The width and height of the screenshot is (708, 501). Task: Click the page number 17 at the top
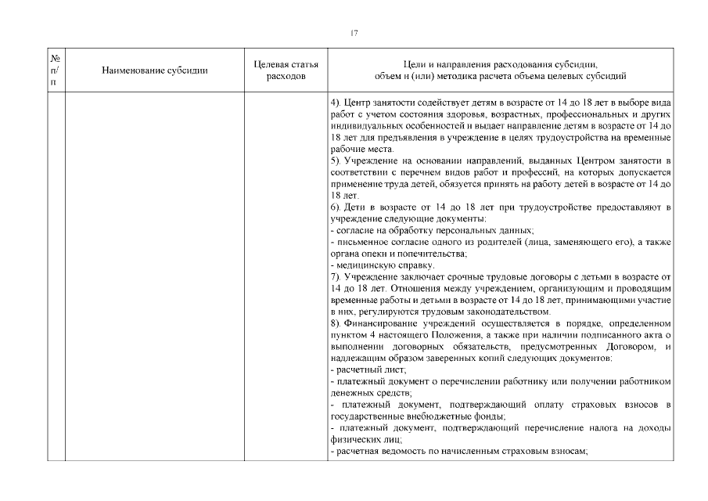pos(354,32)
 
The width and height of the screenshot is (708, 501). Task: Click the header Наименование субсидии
pos(155,70)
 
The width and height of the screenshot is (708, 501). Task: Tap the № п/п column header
pos(56,70)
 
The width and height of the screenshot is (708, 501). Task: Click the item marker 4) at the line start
pos(336,104)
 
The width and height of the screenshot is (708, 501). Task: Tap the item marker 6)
pos(336,206)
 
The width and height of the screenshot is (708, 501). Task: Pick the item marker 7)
pos(336,277)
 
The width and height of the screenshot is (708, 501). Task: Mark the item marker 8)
pos(336,323)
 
